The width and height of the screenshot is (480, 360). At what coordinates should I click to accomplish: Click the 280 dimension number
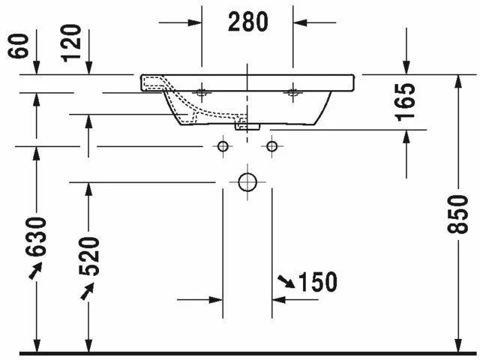pyautogui.click(x=248, y=22)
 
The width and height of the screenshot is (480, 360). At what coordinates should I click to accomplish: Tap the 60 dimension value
pyautogui.click(x=18, y=46)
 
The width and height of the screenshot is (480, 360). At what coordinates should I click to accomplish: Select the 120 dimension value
pyautogui.click(x=71, y=43)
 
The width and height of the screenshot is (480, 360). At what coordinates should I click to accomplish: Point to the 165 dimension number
pyautogui.click(x=405, y=102)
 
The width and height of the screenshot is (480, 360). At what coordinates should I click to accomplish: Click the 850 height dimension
pyautogui.click(x=457, y=214)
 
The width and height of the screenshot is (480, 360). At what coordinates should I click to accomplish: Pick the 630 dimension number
pyautogui.click(x=36, y=237)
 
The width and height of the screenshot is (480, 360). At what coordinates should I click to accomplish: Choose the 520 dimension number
pyautogui.click(x=89, y=256)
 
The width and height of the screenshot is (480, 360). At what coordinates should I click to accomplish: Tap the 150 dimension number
pyautogui.click(x=317, y=282)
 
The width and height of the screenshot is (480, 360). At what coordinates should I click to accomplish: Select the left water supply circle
pyautogui.click(x=223, y=146)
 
